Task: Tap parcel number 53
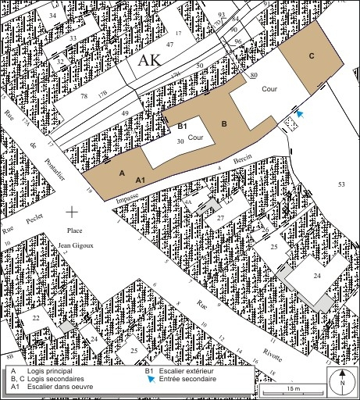point(341,184)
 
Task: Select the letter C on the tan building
point(311,55)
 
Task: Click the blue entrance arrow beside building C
point(300,114)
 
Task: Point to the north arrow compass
point(341,382)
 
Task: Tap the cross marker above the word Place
point(73,211)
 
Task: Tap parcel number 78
point(84,96)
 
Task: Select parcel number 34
point(52,16)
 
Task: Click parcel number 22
point(36,318)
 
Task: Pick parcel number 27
point(221,216)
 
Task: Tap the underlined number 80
point(255,76)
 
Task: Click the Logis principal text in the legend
point(47,371)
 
